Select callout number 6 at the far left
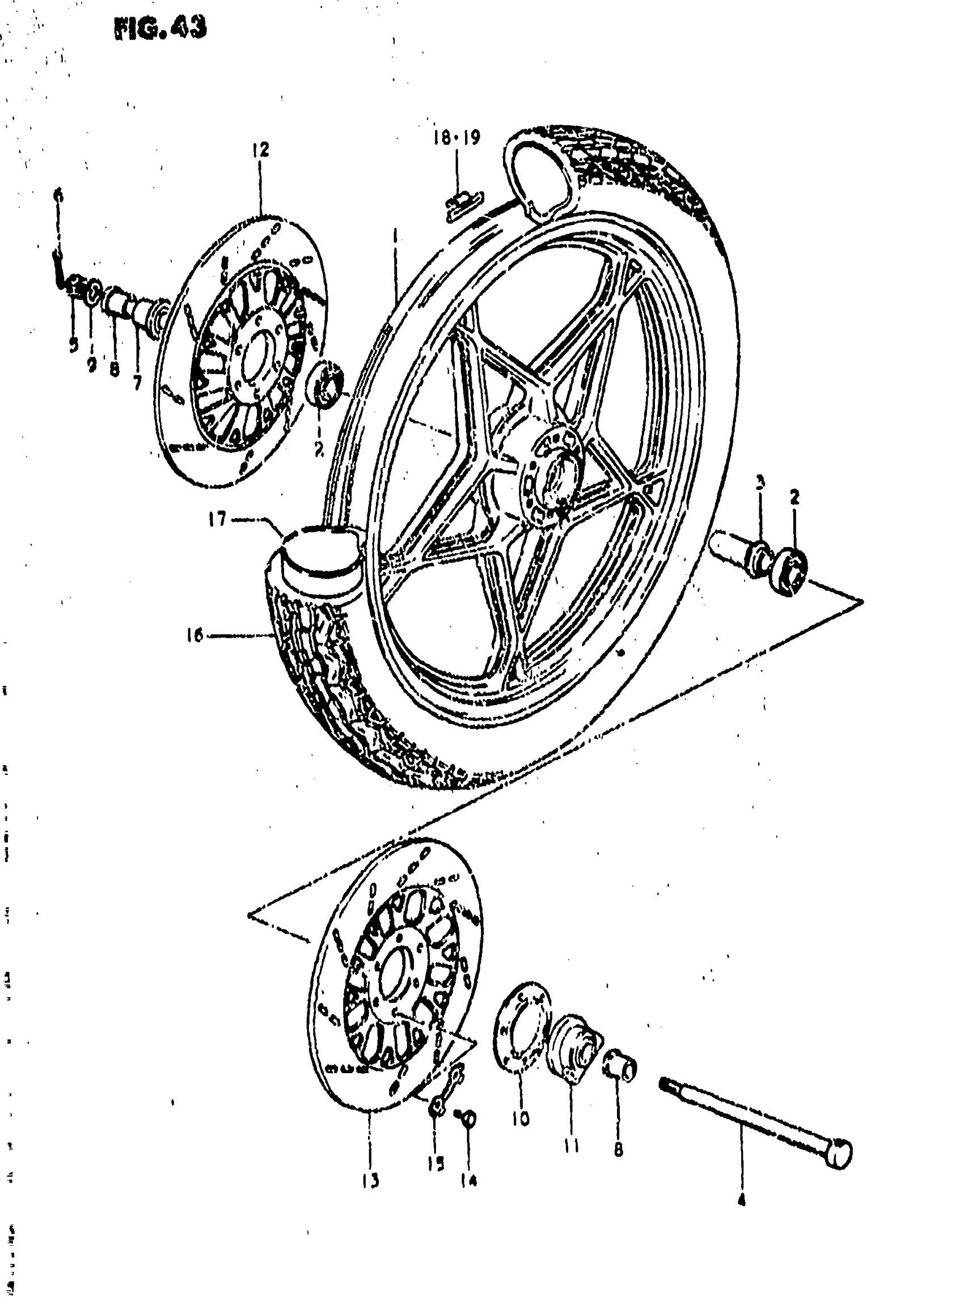tap(58, 195)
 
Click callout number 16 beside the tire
tap(195, 635)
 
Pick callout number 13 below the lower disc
tap(370, 1180)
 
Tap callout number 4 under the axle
tap(741, 1200)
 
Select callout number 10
tap(521, 1118)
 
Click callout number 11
tap(571, 1145)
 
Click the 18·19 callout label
tap(457, 138)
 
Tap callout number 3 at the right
tap(760, 482)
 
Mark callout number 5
tap(73, 345)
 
